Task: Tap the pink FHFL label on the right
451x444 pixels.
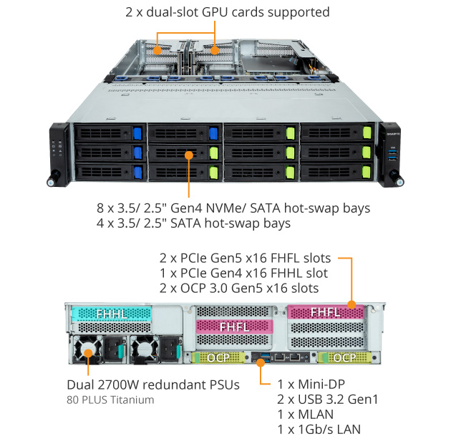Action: point(325,312)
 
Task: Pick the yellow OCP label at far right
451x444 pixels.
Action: point(344,357)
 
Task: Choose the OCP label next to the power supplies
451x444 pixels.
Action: point(213,357)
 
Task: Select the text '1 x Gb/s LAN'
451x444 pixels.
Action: point(319,429)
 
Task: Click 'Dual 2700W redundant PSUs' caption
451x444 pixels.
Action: point(152,385)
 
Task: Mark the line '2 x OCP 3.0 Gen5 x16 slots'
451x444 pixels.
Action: point(238,288)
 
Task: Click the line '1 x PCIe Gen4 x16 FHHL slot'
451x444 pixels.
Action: point(243,273)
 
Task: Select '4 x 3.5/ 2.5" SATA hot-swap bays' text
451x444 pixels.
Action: point(193,223)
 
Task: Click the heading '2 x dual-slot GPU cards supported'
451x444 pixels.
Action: point(227,12)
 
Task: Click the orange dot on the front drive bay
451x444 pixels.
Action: point(189,154)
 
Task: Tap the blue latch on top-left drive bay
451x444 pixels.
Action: point(137,133)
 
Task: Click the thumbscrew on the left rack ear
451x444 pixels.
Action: point(52,181)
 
